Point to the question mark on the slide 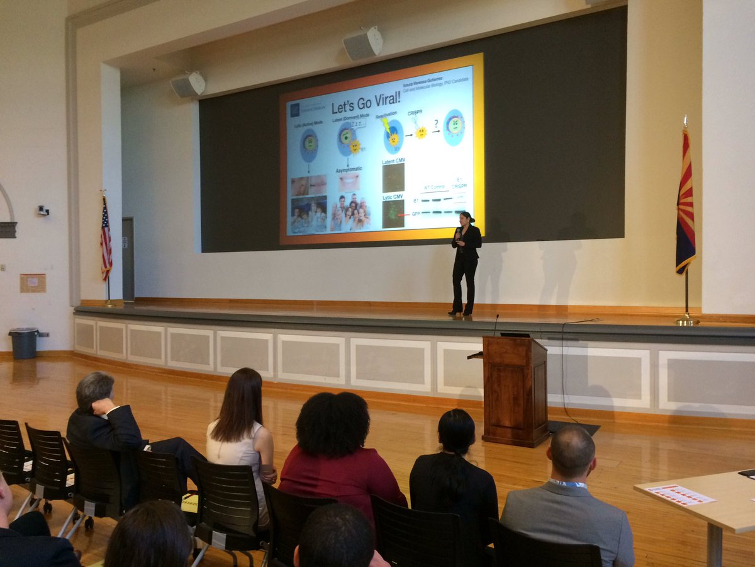(x=435, y=124)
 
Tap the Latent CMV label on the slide (x=394, y=161)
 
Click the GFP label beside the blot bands (x=416, y=214)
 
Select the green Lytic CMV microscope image (x=394, y=214)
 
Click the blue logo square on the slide (x=294, y=110)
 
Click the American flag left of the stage (x=106, y=238)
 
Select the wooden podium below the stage (x=515, y=391)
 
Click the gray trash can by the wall (x=24, y=343)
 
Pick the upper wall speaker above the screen (x=363, y=43)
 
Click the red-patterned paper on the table (x=680, y=495)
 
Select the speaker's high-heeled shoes (x=459, y=311)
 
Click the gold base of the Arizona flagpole (x=687, y=321)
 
